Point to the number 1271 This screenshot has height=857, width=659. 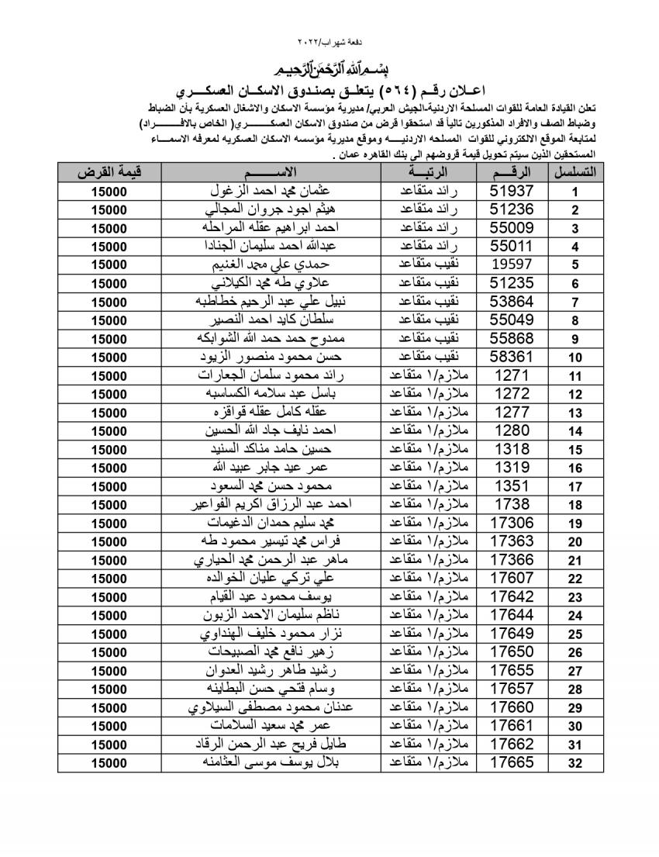512,375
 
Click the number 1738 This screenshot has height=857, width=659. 512,504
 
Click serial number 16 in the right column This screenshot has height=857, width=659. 575,468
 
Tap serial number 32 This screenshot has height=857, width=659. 575,763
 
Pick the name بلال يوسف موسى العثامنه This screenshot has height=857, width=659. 271,762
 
